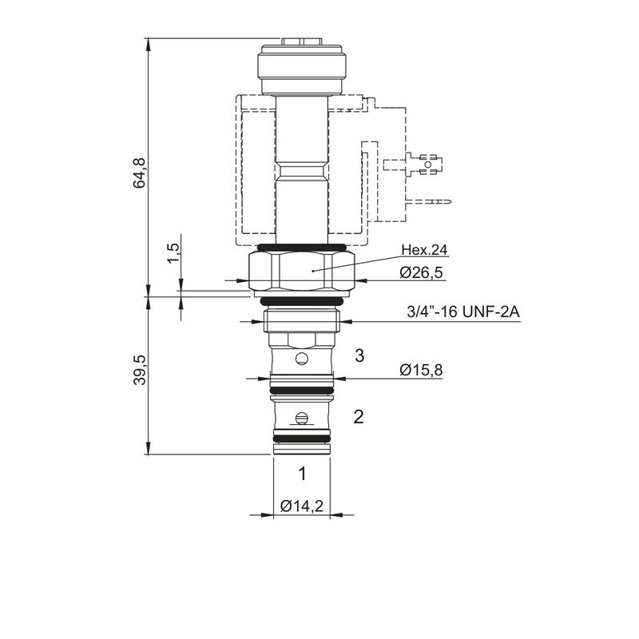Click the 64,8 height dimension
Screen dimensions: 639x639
click(139, 173)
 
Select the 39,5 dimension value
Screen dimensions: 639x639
click(139, 370)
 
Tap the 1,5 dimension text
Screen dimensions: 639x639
click(173, 253)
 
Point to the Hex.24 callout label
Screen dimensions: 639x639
click(424, 249)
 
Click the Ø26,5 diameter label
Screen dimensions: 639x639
click(421, 272)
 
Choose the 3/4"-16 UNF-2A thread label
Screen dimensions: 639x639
click(463, 312)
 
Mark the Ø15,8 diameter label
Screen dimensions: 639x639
click(421, 370)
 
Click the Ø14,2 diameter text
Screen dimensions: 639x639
click(302, 506)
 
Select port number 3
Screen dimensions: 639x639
click(359, 355)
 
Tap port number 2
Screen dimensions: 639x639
click(359, 417)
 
